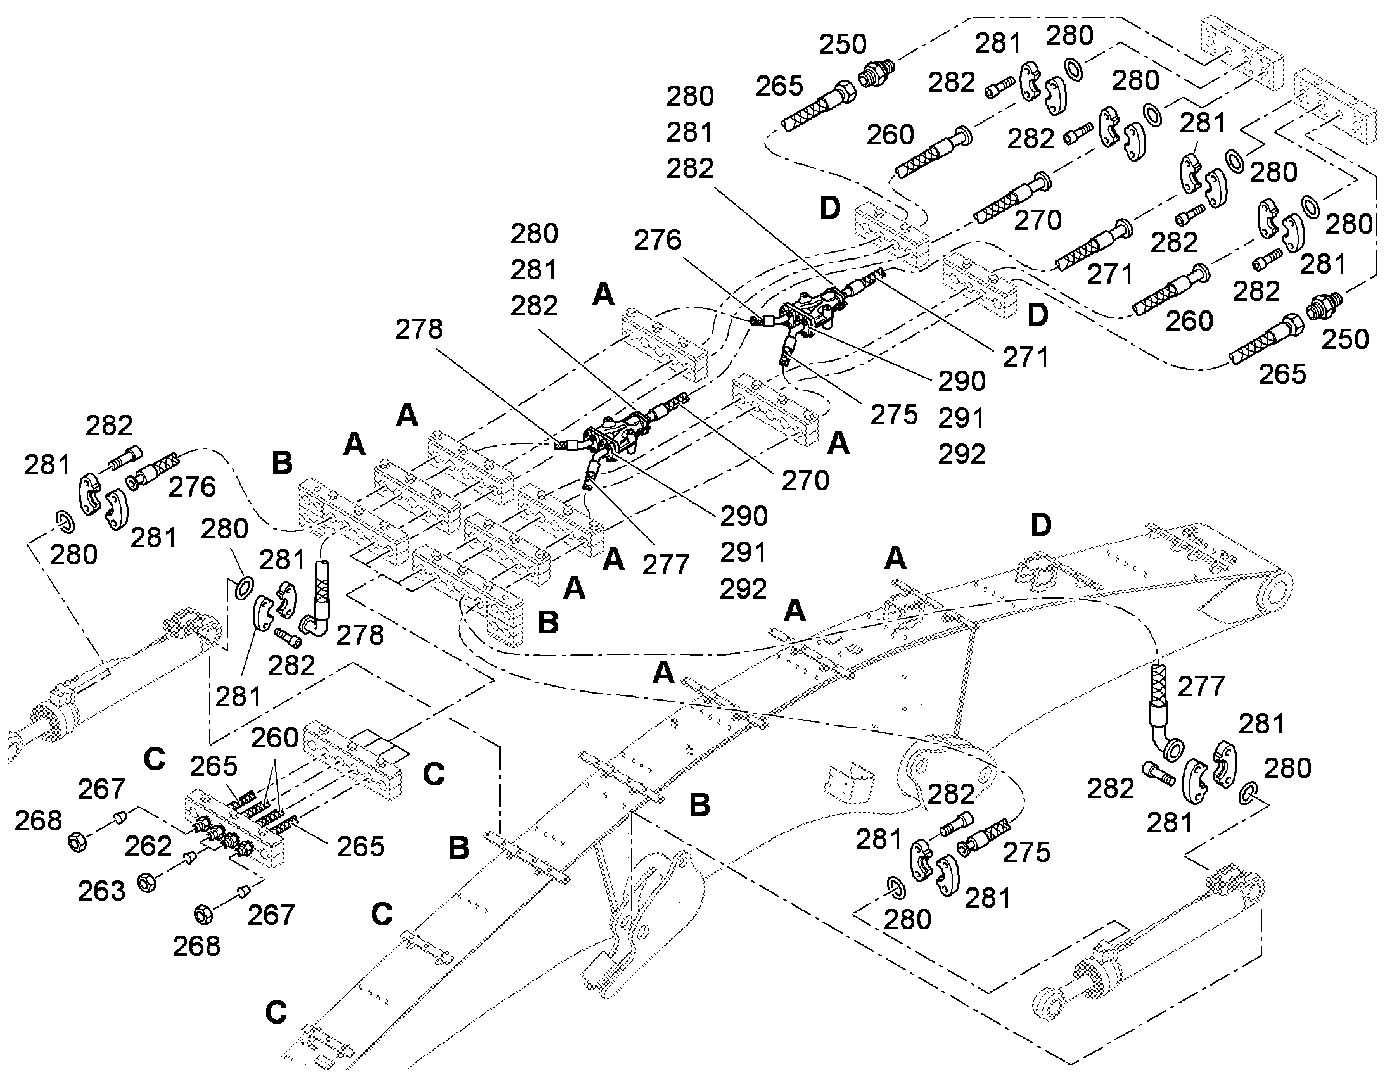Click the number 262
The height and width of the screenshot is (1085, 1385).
148,846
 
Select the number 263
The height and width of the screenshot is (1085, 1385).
101,891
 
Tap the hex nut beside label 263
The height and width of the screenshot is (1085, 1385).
148,882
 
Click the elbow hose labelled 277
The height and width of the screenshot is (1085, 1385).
1163,710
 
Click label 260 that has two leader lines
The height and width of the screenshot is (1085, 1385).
274,737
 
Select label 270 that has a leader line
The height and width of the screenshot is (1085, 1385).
805,481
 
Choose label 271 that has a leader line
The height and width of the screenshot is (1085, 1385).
1026,358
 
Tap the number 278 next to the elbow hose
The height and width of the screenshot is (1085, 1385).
361,635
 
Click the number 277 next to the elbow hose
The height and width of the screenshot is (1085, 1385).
1201,686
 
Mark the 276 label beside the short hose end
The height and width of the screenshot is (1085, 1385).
192,487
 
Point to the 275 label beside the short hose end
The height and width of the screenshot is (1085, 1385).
1026,852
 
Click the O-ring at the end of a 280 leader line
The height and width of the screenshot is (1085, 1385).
244,588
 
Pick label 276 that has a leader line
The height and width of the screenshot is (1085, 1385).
658,239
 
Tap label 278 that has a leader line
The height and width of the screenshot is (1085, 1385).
419,329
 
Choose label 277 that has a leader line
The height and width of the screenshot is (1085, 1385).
665,564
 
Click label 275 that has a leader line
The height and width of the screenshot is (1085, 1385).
894,415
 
